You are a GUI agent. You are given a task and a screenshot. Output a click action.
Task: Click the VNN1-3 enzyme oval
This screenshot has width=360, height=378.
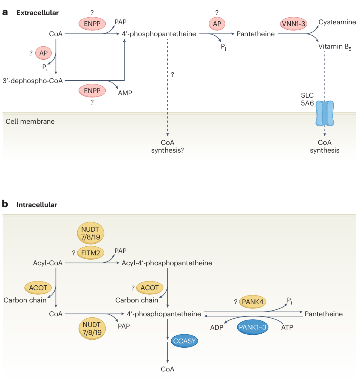point(293,24)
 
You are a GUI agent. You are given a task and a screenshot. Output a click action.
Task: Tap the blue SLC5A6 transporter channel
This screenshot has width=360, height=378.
point(325,113)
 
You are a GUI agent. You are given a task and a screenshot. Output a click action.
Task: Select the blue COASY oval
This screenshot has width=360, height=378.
point(184,341)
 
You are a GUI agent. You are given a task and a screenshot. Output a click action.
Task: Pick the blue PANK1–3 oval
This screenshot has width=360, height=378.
point(252,327)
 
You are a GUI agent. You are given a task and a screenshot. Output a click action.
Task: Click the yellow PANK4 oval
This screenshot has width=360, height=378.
point(252,302)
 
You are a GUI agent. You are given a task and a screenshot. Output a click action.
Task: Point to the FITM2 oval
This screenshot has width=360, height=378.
point(90,253)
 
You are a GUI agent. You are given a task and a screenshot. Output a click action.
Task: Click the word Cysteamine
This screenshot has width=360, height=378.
point(337,22)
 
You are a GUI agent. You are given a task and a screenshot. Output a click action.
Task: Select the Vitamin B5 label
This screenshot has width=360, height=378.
point(334,47)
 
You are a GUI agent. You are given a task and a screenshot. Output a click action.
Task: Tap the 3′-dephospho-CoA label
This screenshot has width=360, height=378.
point(33,81)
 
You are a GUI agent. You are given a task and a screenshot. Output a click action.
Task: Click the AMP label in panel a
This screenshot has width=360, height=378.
point(125,93)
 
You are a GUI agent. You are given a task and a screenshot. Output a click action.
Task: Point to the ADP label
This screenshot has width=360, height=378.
point(217,327)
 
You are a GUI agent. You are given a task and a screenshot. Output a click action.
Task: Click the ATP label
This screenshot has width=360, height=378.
point(287,327)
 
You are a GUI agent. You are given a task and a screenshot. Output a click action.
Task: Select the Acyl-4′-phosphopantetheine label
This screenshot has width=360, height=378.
point(167,263)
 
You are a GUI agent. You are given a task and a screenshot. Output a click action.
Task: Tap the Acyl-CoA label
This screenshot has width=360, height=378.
point(48,263)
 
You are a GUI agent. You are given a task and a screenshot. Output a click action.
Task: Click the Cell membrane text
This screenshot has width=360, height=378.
point(30,121)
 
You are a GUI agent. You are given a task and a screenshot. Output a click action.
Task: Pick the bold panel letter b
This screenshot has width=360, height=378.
point(5,204)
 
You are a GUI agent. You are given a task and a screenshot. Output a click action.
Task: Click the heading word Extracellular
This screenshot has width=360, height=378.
point(37,13)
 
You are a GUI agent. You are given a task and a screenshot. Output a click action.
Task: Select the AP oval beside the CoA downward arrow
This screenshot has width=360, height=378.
point(43,53)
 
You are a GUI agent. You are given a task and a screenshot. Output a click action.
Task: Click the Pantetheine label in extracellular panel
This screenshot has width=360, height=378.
point(256,34)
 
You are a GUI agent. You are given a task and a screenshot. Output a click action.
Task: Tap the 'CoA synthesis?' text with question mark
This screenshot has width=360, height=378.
point(167,146)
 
